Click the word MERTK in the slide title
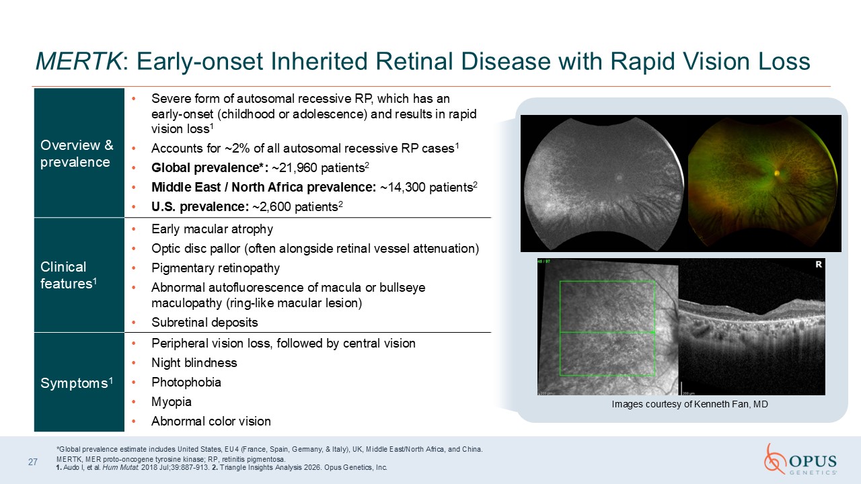[79, 61]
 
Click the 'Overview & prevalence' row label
[77, 153]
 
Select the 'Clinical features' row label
[69, 275]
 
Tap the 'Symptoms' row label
[77, 383]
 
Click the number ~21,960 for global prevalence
[295, 168]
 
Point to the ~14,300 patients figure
[426, 188]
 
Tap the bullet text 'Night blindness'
[194, 363]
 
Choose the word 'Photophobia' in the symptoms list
[186, 382]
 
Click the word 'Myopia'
[172, 402]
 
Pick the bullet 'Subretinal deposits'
[204, 323]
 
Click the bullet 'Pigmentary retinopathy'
[216, 268]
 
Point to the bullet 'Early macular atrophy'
[212, 229]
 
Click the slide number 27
[33, 462]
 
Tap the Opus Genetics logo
[800, 459]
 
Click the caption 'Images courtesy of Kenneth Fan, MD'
[689, 404]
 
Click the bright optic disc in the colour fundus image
[777, 173]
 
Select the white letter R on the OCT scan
[819, 264]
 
